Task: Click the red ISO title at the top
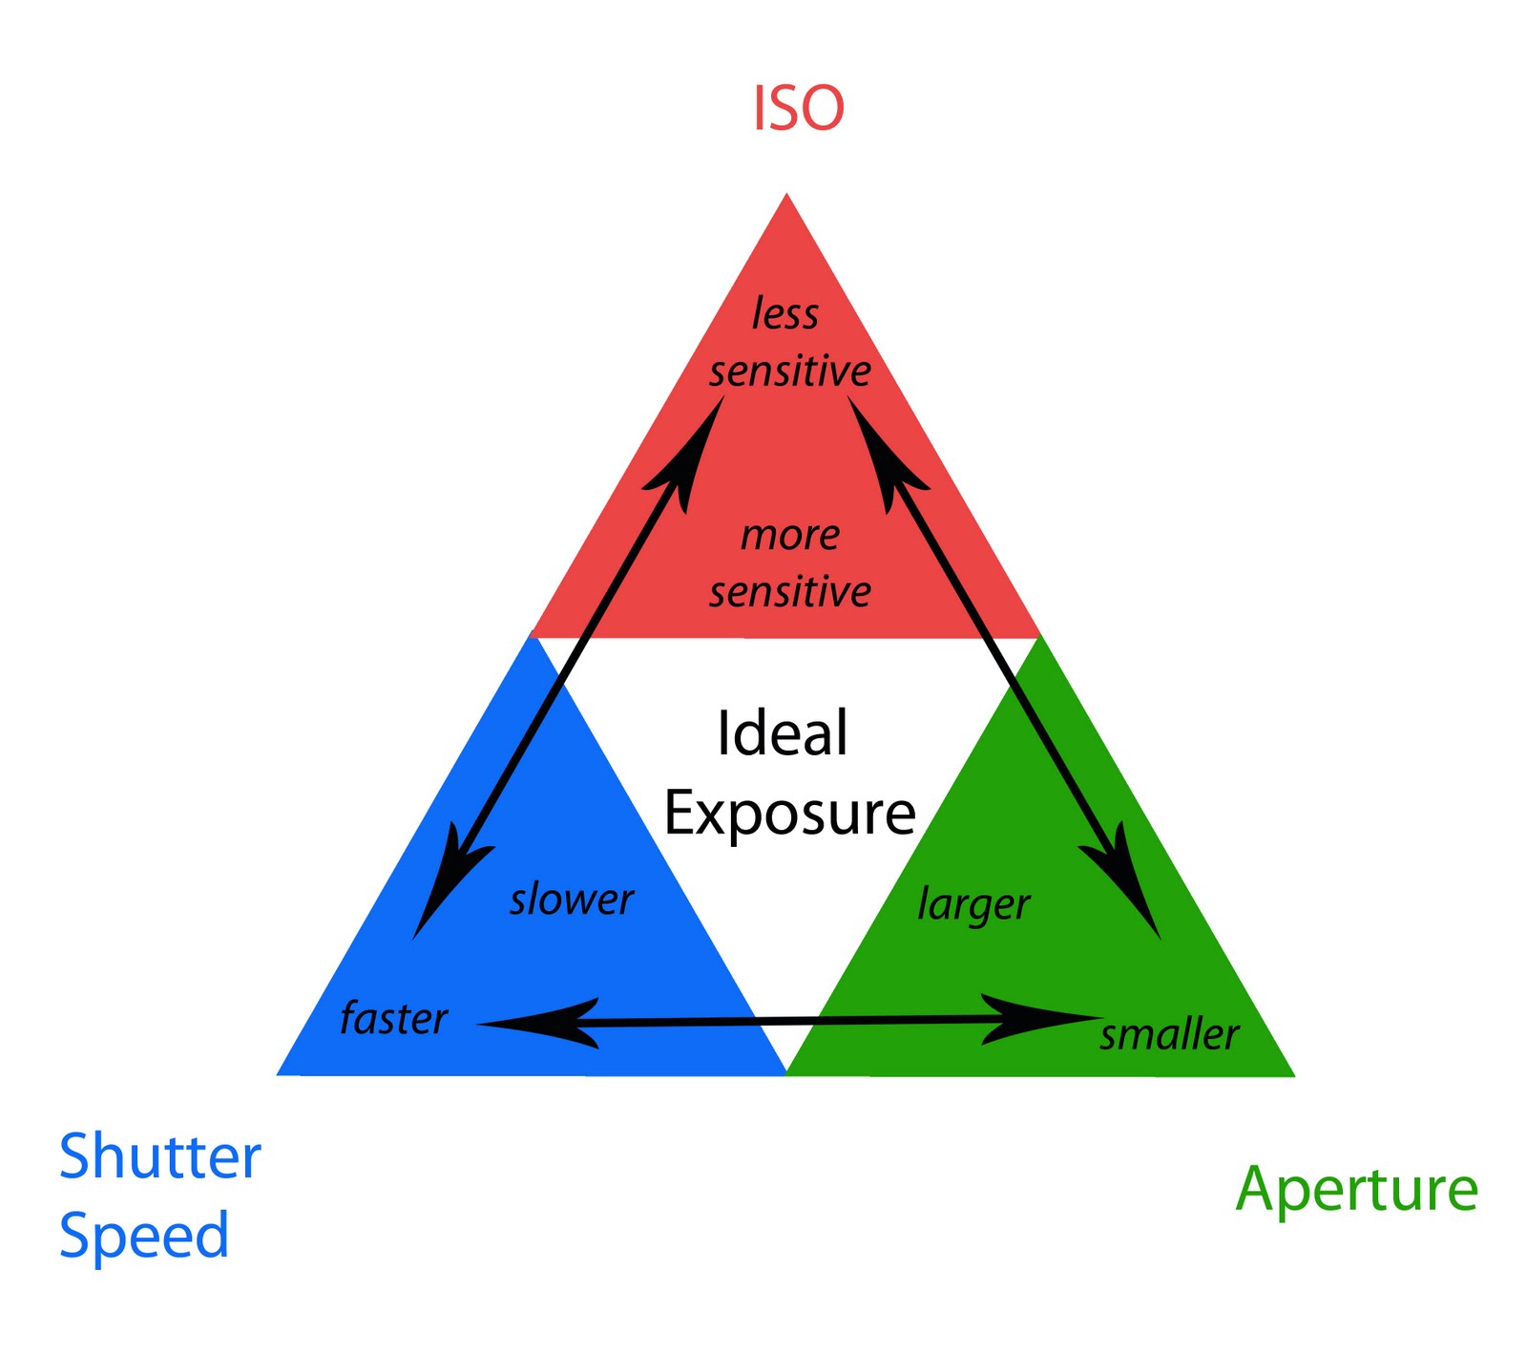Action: [798, 108]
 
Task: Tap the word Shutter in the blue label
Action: [160, 1156]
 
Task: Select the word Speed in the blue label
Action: [144, 1236]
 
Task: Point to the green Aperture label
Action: [1356, 1191]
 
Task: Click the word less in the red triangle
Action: [784, 314]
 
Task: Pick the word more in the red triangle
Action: [790, 536]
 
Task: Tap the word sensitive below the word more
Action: [790, 592]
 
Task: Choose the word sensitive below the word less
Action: [790, 371]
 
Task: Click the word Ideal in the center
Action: [782, 733]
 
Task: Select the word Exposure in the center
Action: [789, 814]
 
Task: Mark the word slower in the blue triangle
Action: [572, 900]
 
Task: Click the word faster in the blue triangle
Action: [393, 1019]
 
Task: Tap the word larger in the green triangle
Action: [973, 904]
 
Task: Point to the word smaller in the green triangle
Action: [1169, 1035]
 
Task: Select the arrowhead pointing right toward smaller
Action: [1040, 1019]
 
